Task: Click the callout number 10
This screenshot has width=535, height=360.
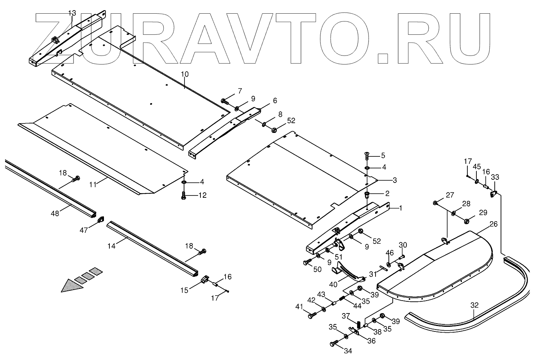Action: pyautogui.click(x=185, y=74)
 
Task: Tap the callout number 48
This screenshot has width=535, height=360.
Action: pyautogui.click(x=55, y=213)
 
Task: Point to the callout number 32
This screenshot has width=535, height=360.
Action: pyautogui.click(x=474, y=306)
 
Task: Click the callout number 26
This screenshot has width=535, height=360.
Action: pyautogui.click(x=494, y=224)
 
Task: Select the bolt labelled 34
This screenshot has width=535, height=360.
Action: pyautogui.click(x=334, y=344)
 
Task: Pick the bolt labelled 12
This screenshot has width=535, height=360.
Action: pyautogui.click(x=183, y=195)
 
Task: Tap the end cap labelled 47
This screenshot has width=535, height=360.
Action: pyautogui.click(x=100, y=220)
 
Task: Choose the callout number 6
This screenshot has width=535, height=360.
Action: pyautogui.click(x=275, y=100)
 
